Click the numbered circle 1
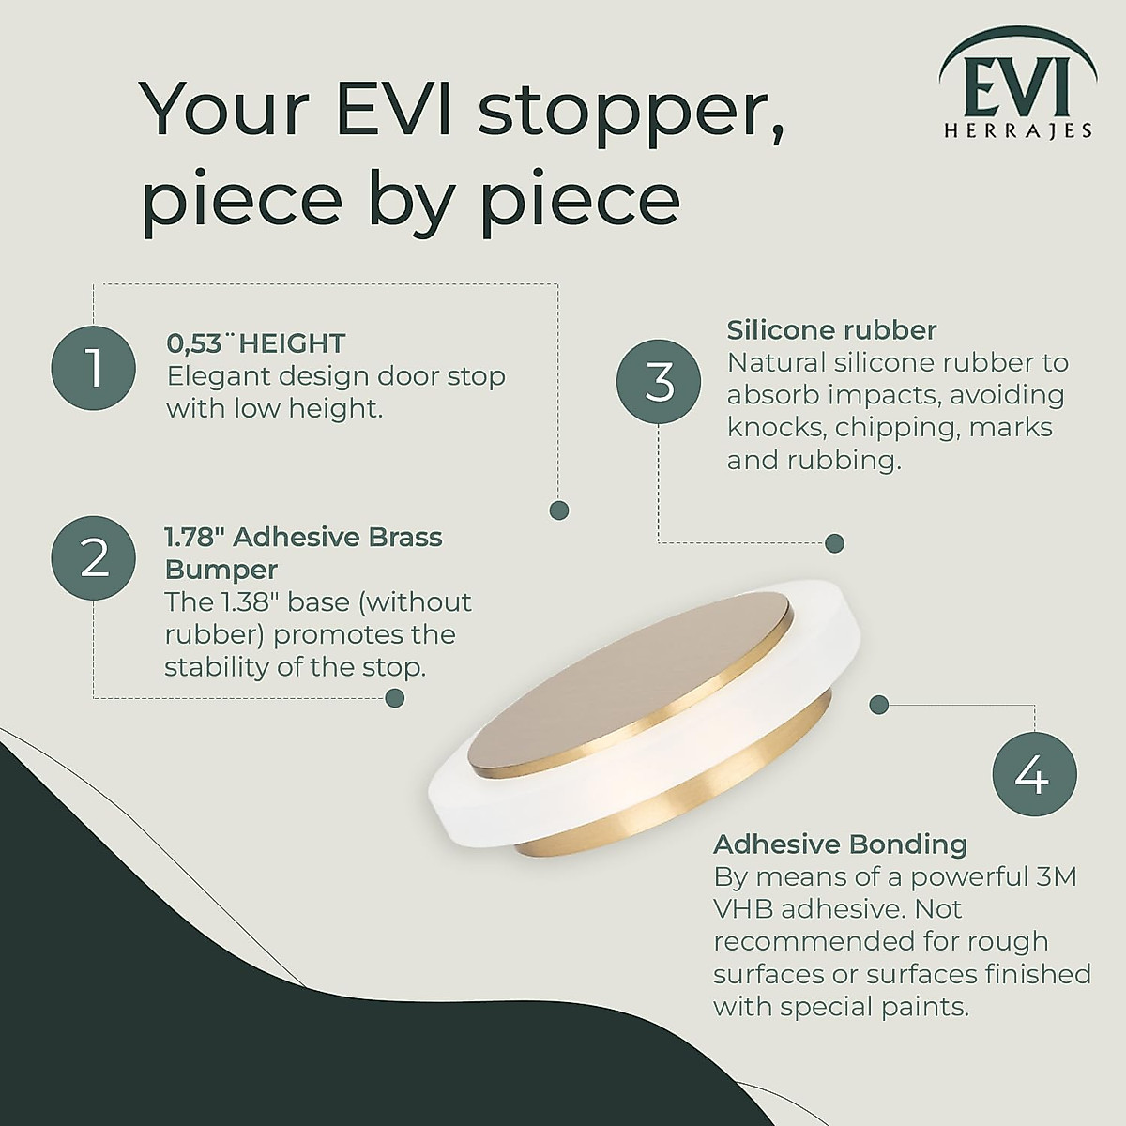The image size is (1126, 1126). point(94,368)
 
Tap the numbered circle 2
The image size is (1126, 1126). point(94,558)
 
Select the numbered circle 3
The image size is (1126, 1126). point(659,382)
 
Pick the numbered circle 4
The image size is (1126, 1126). point(1034,775)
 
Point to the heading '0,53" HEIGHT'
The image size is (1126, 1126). point(255,343)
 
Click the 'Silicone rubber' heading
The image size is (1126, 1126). point(831,330)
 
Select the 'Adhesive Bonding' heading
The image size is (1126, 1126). point(840,844)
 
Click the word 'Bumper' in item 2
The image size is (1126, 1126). point(221,570)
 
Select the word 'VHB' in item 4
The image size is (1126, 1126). point(743,909)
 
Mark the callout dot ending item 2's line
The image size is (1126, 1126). point(395,697)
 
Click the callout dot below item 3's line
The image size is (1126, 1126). point(834,543)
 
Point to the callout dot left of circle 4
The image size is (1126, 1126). point(879,704)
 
